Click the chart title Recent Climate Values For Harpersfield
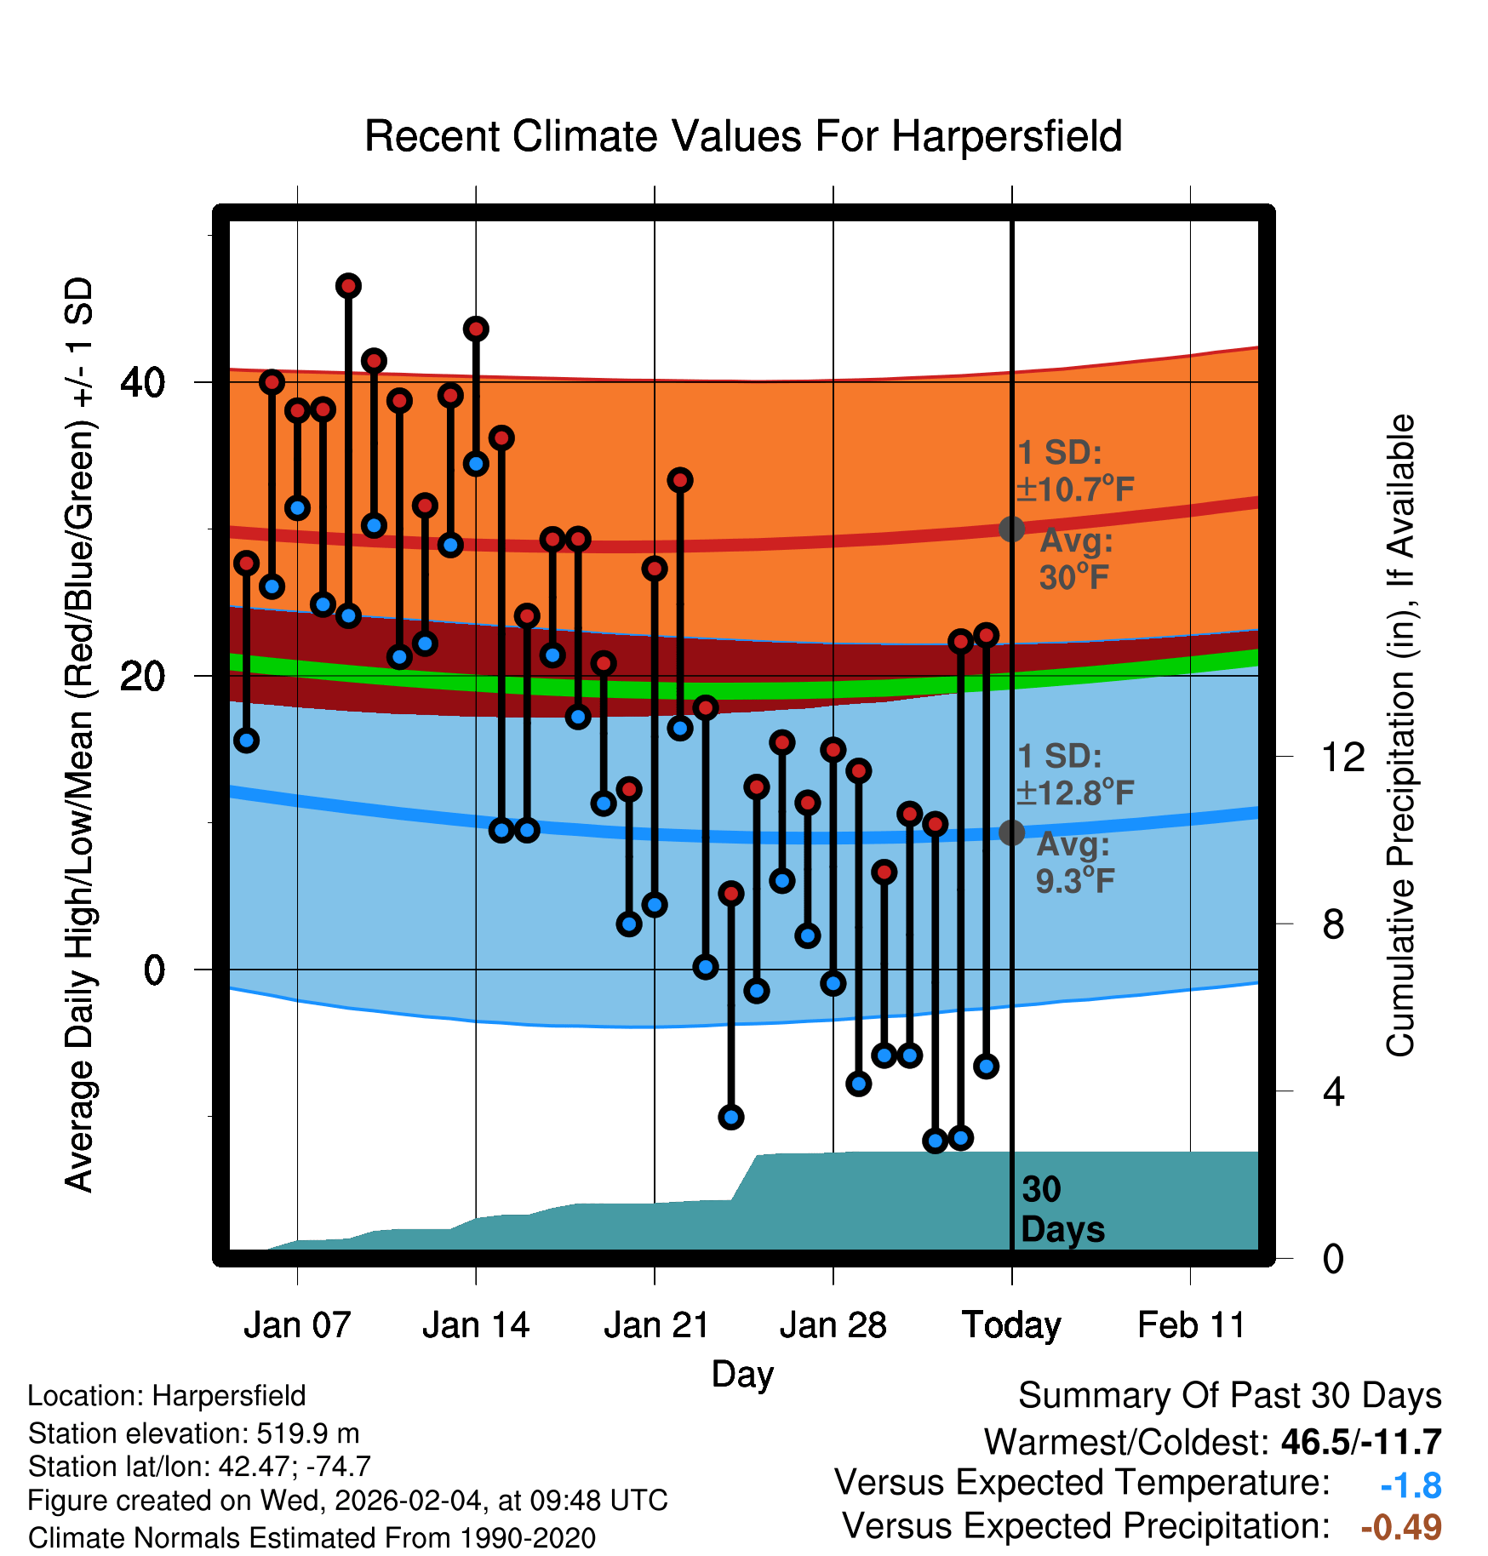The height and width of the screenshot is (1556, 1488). pos(743,136)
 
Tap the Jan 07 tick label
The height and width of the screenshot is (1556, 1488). pos(297,1325)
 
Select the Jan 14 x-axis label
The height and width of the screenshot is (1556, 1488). pos(476,1325)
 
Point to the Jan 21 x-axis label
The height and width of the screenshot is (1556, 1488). pos(656,1325)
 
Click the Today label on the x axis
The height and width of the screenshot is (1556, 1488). pos(1011,1325)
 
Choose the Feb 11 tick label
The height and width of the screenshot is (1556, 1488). pos(1191,1325)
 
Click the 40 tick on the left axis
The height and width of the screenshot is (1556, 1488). pos(142,382)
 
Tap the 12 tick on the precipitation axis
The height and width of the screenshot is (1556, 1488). pos(1342,757)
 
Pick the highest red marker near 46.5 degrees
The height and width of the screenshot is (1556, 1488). pos(348,286)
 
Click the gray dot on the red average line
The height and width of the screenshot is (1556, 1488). pos(1011,529)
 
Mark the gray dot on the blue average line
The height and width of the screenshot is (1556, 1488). pos(1011,832)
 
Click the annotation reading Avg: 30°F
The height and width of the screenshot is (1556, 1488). pos(1075,559)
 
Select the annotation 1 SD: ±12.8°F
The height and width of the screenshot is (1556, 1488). pos(1075,775)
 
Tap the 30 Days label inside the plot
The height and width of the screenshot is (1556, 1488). pos(1062,1210)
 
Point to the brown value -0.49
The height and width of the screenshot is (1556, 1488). pos(1401,1527)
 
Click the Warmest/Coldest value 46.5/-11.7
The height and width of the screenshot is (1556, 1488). pos(1360,1442)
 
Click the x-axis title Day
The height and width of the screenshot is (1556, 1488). pos(742,1374)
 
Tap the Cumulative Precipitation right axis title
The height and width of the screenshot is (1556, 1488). pos(1400,735)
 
